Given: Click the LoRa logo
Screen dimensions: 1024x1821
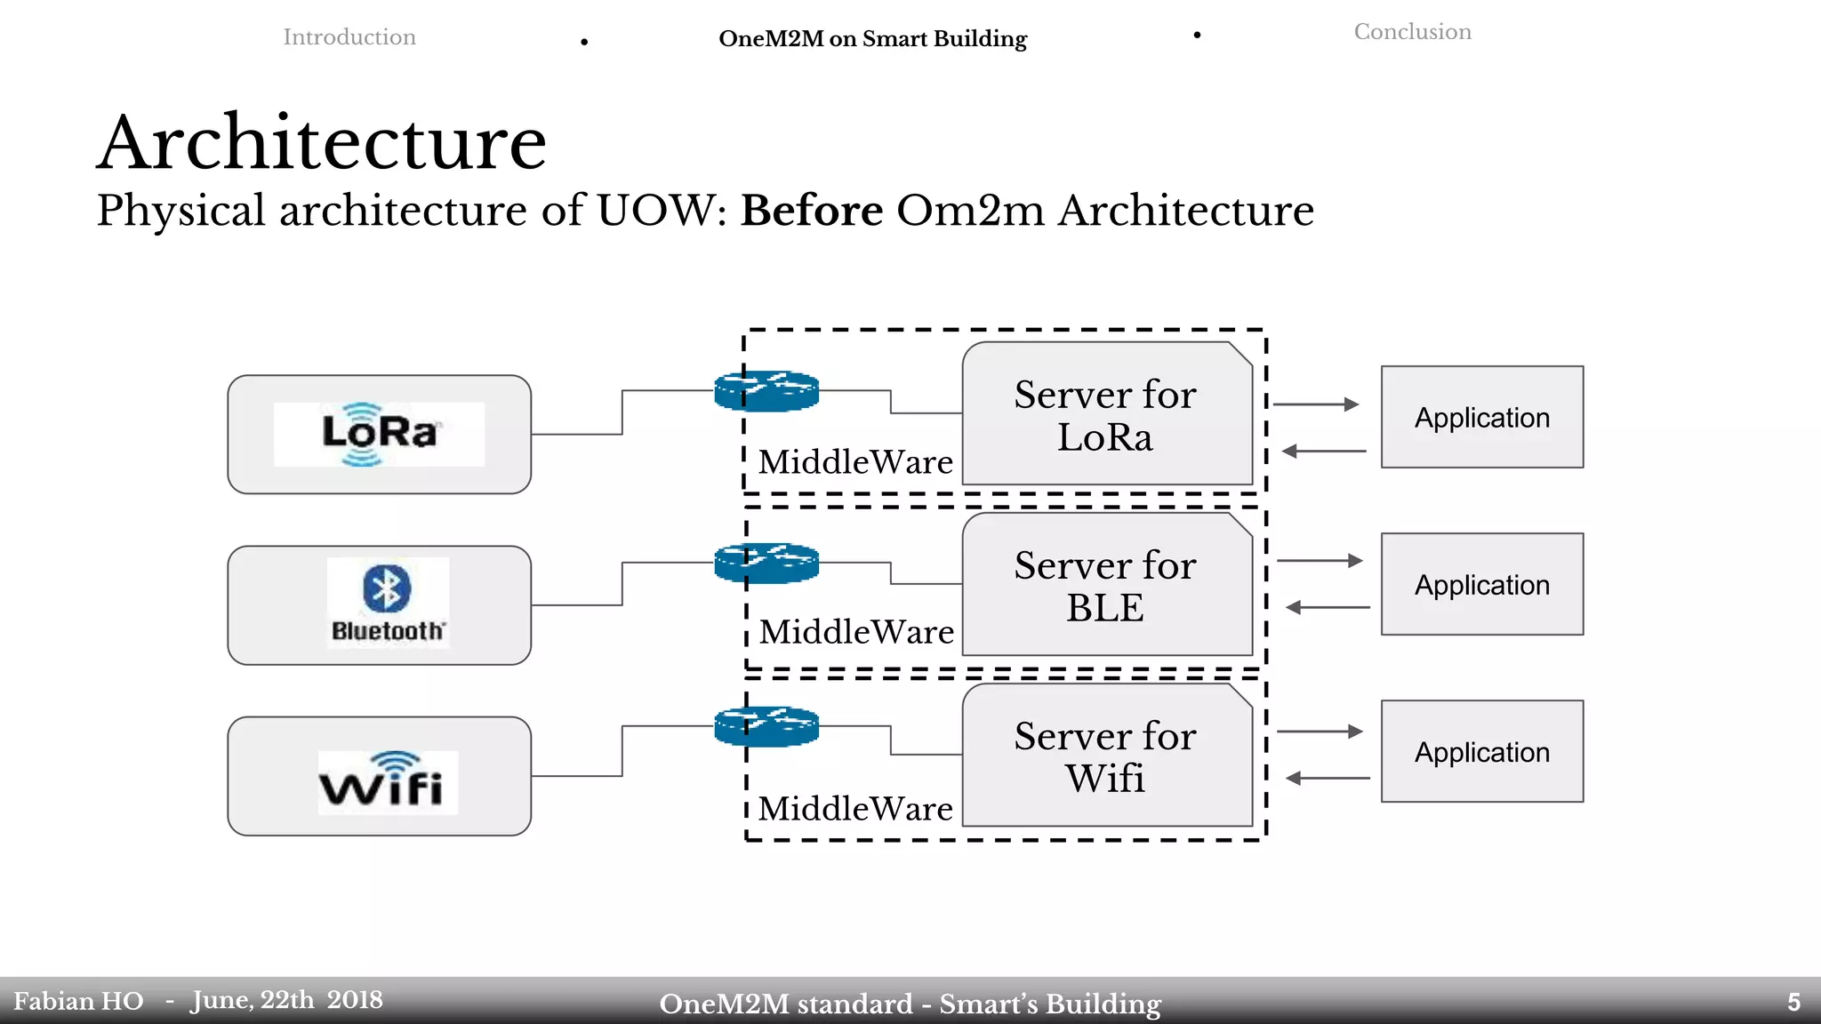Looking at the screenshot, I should pos(379,434).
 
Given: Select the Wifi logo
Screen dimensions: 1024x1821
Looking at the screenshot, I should pos(388,782).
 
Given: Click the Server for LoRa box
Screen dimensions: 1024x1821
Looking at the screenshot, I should pos(1106,415).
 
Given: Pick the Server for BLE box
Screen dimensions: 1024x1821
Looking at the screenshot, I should pos(1106,586).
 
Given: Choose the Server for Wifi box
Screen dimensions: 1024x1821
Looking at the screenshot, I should pos(1106,756).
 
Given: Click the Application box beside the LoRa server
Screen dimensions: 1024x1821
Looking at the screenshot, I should pos(1481,417).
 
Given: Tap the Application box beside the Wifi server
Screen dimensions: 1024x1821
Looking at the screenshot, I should pos(1481,751).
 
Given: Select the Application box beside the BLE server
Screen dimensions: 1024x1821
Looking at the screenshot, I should pos(1481,584).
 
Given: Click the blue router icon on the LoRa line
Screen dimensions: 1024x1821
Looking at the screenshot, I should pos(766,391).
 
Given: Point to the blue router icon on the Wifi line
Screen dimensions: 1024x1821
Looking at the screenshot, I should pos(766,726).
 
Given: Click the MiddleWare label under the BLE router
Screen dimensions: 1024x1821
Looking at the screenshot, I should pos(856,632).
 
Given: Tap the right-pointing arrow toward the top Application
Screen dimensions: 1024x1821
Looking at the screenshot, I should pos(1317,404).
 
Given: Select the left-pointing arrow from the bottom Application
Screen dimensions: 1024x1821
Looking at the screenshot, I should pos(1328,779).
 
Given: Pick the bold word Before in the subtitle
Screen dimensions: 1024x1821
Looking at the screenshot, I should pos(812,211).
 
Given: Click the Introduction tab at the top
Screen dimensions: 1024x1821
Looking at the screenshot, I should pos(349,37).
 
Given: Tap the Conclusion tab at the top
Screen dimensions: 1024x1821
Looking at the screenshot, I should pos(1412,32).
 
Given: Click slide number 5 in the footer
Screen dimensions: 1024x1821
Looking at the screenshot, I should pos(1793,1003).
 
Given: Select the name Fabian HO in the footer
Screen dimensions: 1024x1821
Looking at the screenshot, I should pos(78,1002).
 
